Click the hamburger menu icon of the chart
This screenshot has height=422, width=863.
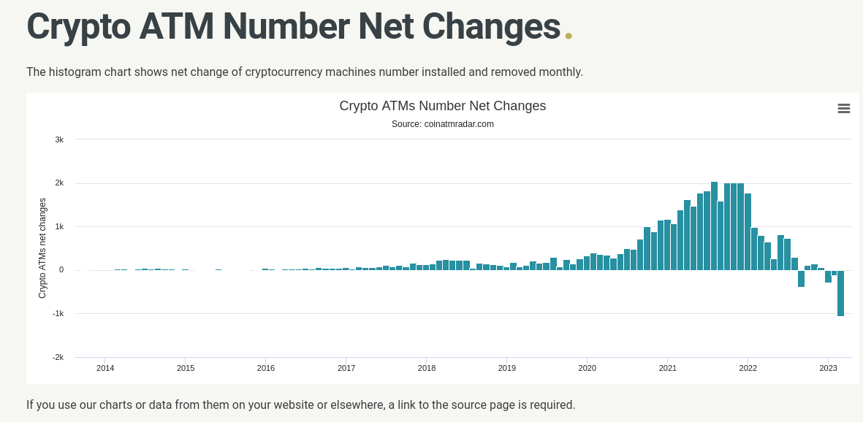(x=843, y=108)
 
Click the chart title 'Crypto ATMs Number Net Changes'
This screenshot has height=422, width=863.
(x=442, y=106)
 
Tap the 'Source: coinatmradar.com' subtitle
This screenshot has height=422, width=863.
(x=442, y=124)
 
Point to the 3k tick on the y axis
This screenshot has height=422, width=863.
(x=59, y=139)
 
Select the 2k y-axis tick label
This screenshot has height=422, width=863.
(x=59, y=183)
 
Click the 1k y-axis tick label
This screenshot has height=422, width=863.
(x=59, y=226)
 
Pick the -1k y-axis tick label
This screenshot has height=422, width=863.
(x=58, y=313)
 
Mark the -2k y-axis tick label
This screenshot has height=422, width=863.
(x=58, y=357)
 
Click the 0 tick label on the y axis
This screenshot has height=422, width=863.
(x=61, y=270)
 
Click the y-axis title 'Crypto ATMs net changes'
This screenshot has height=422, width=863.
(x=42, y=248)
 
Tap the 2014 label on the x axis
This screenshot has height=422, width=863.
(x=105, y=368)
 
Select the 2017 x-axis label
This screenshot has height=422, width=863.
(x=346, y=368)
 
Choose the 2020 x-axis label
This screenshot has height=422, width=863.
(x=588, y=368)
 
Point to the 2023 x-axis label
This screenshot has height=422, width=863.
(x=828, y=368)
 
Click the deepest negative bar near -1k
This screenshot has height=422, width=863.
(x=841, y=294)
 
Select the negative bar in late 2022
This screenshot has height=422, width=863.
(x=801, y=279)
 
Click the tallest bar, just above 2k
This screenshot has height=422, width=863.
(x=714, y=226)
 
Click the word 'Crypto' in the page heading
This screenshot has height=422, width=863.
(x=78, y=26)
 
